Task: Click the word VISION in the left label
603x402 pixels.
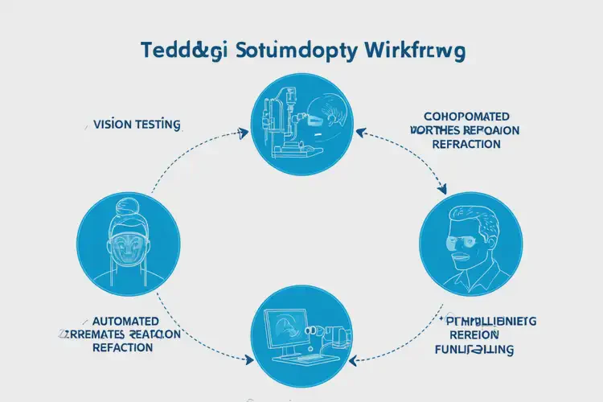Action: (x=113, y=125)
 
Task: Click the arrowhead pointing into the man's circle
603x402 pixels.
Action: (x=442, y=191)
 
